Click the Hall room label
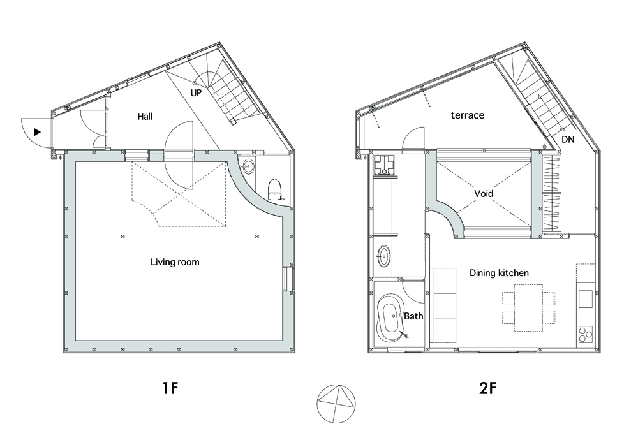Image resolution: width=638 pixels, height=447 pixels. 145,117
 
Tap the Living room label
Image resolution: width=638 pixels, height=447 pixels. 175,262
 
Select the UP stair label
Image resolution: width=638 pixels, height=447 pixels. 196,93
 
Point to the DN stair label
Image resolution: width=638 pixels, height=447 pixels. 568,140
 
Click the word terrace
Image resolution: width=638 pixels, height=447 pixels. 468,115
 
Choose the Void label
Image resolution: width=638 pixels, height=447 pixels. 484,194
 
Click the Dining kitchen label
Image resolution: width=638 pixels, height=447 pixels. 500,273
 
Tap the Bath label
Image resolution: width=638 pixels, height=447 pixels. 413,316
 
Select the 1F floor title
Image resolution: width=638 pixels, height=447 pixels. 170,388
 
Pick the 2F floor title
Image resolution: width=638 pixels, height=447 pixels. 488,388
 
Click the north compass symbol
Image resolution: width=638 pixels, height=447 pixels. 336,404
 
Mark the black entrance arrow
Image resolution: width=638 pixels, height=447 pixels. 38,132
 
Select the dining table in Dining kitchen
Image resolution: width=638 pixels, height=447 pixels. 528,308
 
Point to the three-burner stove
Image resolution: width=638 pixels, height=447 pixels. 586,334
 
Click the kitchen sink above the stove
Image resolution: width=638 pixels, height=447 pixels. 586,299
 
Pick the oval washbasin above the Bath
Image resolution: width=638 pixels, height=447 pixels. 383,256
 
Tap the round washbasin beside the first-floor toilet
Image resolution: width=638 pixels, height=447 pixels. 248,166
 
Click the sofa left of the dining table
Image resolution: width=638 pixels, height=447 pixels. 443,305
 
